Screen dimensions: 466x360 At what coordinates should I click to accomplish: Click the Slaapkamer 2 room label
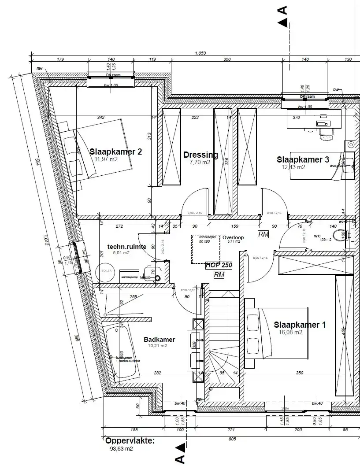pyautogui.click(x=116, y=152)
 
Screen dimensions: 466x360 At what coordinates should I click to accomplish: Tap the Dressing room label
pyautogui.click(x=200, y=155)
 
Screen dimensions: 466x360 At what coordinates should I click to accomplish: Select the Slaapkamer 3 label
pyautogui.click(x=303, y=159)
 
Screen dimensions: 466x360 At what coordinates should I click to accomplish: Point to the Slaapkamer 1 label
pyautogui.click(x=300, y=325)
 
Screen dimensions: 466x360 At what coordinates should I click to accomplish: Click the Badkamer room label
pyautogui.click(x=160, y=340)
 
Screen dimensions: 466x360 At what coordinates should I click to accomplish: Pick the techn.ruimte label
pyautogui.click(x=126, y=247)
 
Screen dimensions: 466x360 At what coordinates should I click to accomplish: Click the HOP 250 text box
pyautogui.click(x=219, y=266)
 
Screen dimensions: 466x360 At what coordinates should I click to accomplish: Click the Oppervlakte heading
pyautogui.click(x=130, y=440)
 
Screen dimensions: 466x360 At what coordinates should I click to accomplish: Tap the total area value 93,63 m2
pyautogui.click(x=121, y=449)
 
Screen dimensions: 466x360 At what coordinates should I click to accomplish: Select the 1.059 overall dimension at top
pyautogui.click(x=200, y=53)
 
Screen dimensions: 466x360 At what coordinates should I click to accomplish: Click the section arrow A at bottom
pyautogui.click(x=179, y=454)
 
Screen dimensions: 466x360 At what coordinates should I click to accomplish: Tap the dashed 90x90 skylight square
pyautogui.click(x=205, y=249)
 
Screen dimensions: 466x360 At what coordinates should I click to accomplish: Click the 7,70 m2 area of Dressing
pyautogui.click(x=200, y=163)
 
